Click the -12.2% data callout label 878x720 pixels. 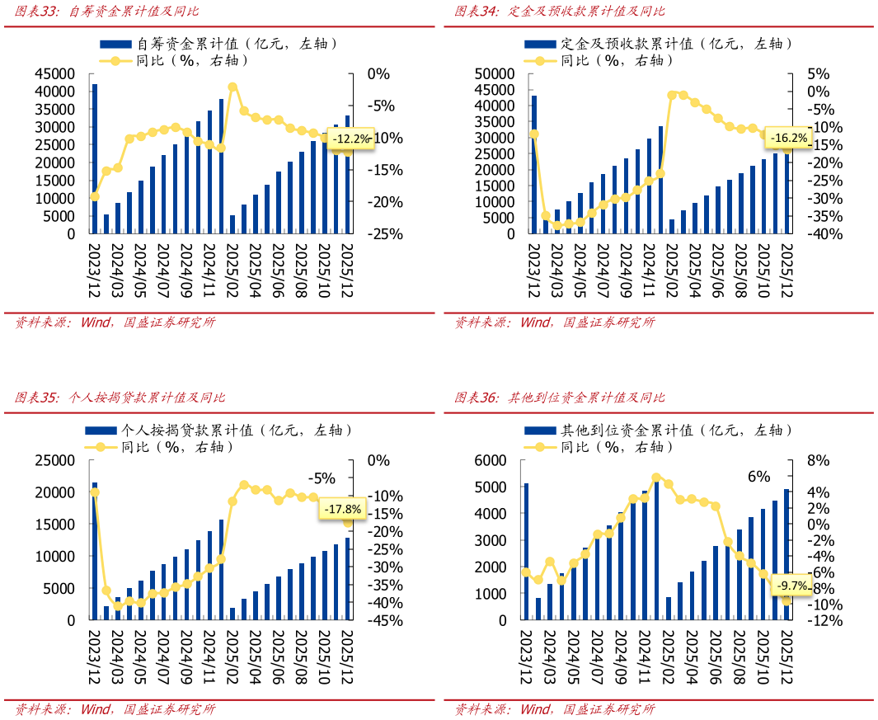(350, 139)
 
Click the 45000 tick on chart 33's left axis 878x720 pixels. (54, 73)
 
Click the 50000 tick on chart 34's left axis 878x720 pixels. (494, 73)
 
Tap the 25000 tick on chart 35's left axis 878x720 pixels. (54, 460)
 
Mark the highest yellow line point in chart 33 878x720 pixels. (232, 87)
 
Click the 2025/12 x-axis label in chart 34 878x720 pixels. (786, 269)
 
